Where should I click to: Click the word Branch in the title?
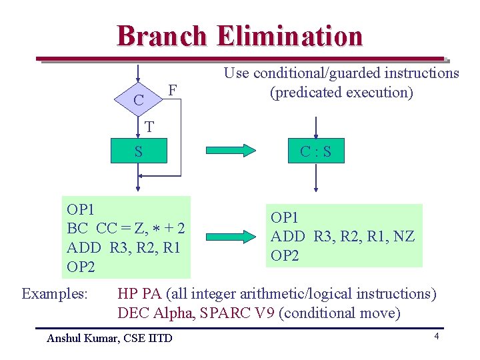click(161, 36)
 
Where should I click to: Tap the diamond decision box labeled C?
click(138, 100)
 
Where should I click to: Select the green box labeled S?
click(138, 152)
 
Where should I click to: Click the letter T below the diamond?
click(149, 127)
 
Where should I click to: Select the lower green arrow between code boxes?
click(230, 235)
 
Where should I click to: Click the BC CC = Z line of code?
click(125, 229)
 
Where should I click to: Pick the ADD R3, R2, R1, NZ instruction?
click(342, 236)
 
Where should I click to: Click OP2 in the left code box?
click(81, 267)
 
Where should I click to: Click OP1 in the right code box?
click(285, 217)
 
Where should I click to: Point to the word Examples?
click(55, 293)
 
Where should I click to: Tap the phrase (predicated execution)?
click(341, 92)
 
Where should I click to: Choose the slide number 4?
click(436, 337)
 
